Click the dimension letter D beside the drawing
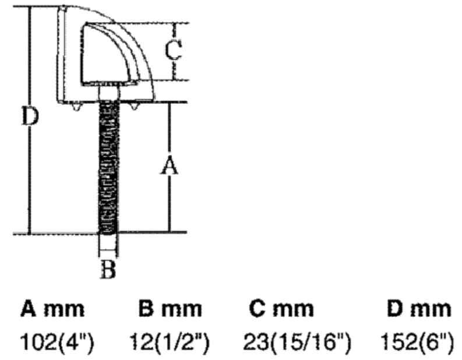30,117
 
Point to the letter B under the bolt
108,269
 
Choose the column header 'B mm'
170,309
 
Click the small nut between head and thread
108,93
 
